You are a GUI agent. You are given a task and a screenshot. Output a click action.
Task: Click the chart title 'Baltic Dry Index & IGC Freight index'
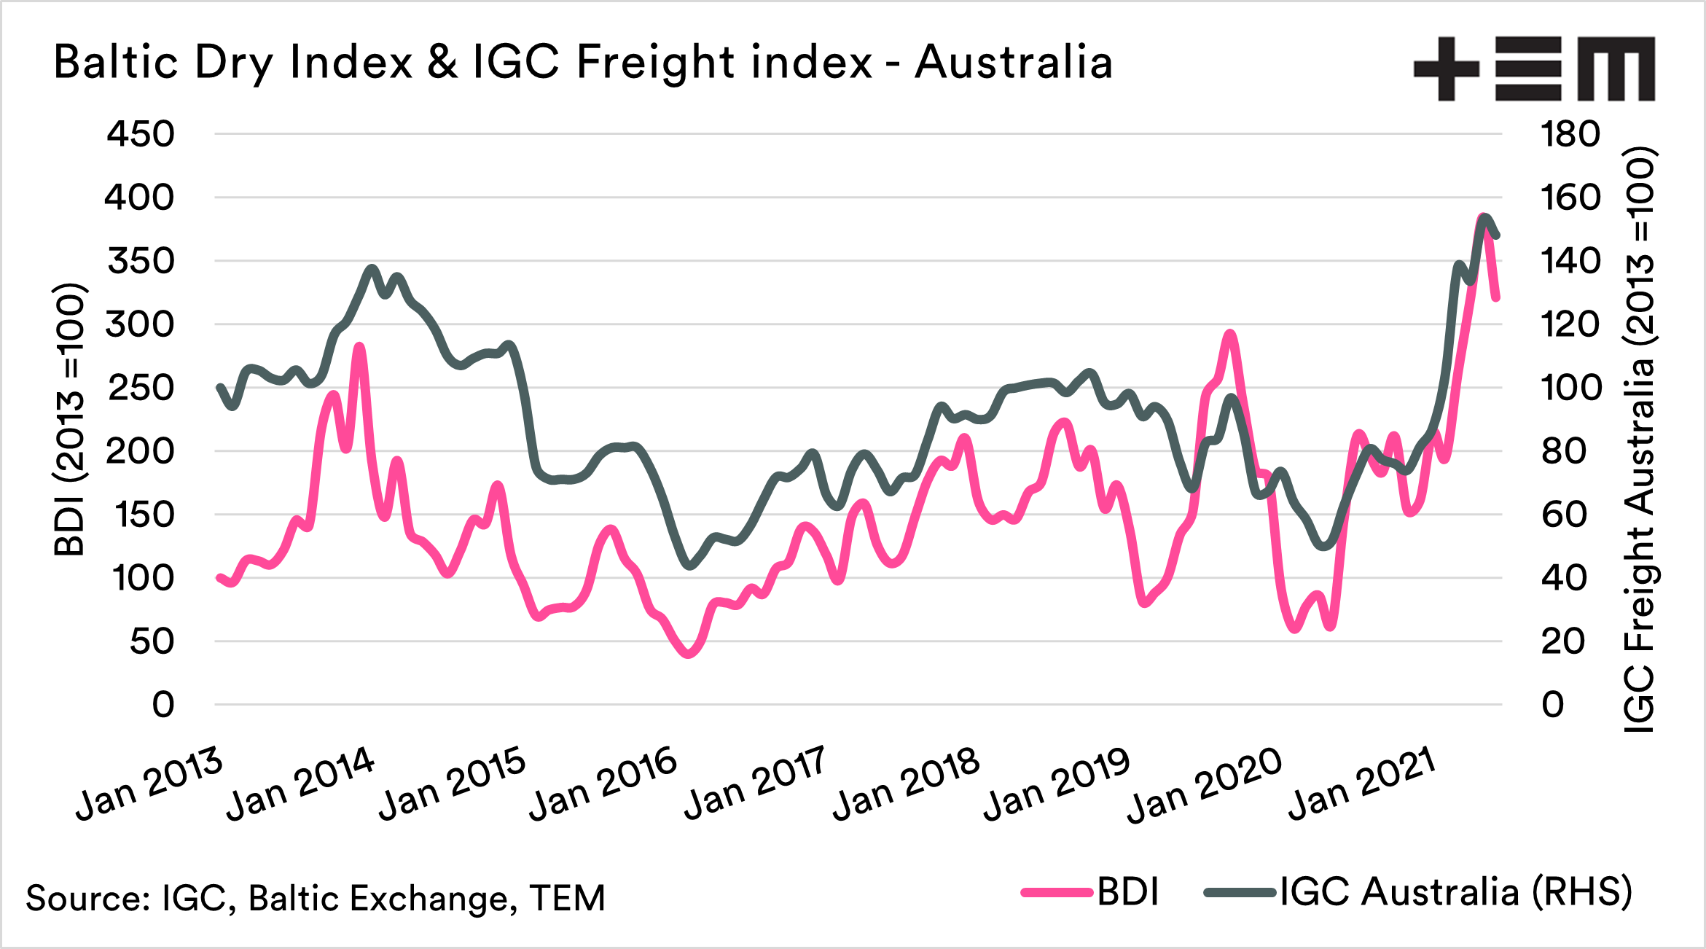point(583,63)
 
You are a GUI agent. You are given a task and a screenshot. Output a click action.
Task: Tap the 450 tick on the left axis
point(141,134)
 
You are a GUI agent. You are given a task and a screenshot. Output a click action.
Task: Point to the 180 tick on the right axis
point(1570,134)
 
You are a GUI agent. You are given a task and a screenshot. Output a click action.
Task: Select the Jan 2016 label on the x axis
point(603,784)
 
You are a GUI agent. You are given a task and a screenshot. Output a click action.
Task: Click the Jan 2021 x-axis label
point(1361,784)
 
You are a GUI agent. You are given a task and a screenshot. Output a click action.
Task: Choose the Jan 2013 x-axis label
point(149,784)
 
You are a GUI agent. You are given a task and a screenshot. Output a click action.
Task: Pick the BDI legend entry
point(1092,891)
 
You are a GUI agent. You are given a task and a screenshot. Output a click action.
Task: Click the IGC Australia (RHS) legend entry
point(1418,891)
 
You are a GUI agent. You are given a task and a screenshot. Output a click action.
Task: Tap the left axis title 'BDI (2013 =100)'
point(71,420)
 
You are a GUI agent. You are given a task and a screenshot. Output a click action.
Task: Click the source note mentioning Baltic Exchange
point(316,898)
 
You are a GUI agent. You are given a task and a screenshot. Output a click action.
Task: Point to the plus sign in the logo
point(1446,69)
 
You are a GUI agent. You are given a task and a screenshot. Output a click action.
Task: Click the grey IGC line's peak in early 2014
point(372,268)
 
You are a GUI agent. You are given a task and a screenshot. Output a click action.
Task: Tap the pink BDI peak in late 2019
point(1230,334)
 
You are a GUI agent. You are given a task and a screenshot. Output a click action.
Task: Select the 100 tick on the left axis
point(144,578)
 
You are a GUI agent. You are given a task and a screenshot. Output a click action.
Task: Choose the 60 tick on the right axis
point(1563,515)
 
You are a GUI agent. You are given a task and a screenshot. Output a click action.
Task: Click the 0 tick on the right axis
point(1552,705)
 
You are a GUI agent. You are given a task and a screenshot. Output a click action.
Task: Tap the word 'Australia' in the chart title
point(1013,63)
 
